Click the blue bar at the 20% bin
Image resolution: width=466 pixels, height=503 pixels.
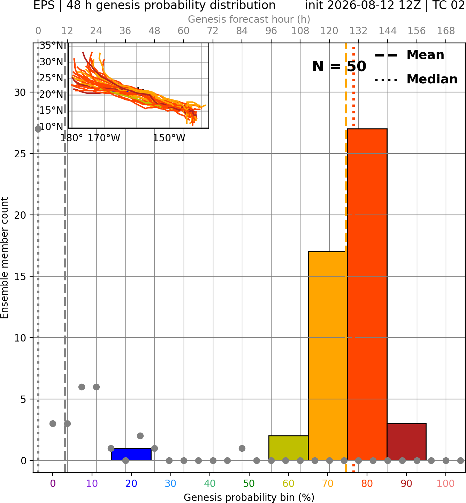[x=131, y=455]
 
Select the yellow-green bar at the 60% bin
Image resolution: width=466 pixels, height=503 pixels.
[x=288, y=448]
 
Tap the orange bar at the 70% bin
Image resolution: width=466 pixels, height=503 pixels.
[x=328, y=356]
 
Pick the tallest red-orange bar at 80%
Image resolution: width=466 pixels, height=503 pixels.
[x=367, y=294]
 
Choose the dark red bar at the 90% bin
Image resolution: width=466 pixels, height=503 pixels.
[x=406, y=442]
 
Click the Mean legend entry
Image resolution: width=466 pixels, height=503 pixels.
[x=409, y=55]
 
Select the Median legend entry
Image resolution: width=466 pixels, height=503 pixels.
[x=416, y=79]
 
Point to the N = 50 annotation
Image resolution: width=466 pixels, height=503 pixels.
[x=339, y=66]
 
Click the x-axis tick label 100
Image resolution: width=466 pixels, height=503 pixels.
[x=446, y=483]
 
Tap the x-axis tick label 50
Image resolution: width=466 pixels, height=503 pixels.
[x=249, y=483]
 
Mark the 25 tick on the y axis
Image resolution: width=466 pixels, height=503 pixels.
[x=20, y=154]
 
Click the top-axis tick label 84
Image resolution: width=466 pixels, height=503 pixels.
[x=242, y=31]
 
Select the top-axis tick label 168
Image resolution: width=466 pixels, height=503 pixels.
[x=446, y=31]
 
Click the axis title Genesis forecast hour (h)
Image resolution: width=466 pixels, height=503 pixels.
[x=249, y=19]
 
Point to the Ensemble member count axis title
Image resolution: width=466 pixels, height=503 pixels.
[x=5, y=258]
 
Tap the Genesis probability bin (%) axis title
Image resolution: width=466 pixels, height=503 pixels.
[x=249, y=497]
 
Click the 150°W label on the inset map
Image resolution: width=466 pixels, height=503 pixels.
[x=169, y=138]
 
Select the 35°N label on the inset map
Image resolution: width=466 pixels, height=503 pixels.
[x=51, y=46]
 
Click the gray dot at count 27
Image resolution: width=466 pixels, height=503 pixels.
[x=38, y=129]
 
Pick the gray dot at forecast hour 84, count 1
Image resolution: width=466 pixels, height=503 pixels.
[x=242, y=448]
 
